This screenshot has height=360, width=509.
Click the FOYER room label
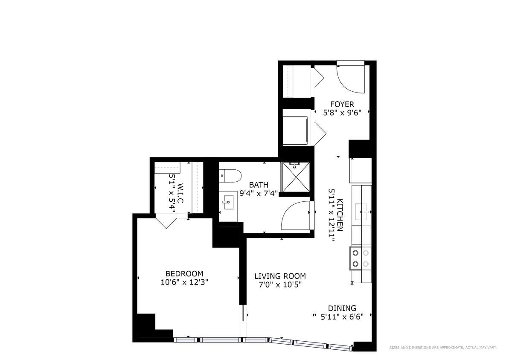point(342,104)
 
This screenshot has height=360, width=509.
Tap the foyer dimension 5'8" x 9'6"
point(342,113)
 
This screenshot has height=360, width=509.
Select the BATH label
point(259,185)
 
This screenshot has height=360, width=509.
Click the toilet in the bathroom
point(230,175)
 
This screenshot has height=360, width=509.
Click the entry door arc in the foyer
point(351,79)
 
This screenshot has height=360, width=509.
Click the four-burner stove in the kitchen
point(361,258)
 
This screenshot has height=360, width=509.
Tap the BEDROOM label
point(184,273)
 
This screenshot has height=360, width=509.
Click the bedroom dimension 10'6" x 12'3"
point(184,282)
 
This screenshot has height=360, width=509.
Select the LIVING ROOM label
point(280,276)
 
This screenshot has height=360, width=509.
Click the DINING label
point(342,308)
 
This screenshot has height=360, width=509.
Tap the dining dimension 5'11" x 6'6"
point(342,316)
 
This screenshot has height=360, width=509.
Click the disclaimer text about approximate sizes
point(443,348)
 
